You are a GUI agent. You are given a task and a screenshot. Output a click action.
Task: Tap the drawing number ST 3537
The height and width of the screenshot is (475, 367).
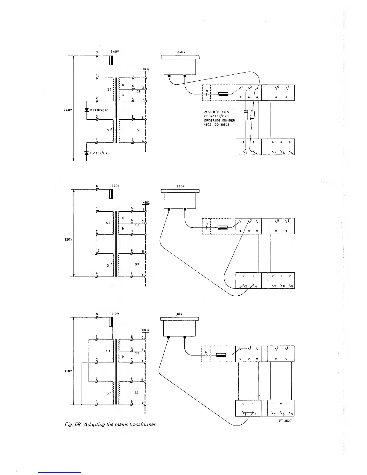coord(285,421)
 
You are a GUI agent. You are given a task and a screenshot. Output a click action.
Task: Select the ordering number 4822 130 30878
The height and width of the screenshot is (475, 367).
coord(216,125)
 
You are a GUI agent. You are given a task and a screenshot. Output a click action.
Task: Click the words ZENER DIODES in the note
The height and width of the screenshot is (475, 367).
coord(216,112)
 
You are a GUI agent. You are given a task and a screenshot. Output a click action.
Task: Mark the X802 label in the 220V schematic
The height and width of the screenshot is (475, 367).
coord(146,202)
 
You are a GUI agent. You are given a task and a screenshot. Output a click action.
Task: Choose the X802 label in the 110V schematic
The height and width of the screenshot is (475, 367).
coord(145,330)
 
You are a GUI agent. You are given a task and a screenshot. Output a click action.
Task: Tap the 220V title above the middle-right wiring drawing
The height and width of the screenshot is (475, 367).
coord(181,186)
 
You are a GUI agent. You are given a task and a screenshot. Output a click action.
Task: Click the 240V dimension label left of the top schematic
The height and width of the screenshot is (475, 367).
coord(67,110)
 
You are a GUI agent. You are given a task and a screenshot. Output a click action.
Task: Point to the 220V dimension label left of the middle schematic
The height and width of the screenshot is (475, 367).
coord(67,240)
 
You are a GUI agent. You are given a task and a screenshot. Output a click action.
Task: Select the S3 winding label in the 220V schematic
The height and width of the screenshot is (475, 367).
coord(137,264)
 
